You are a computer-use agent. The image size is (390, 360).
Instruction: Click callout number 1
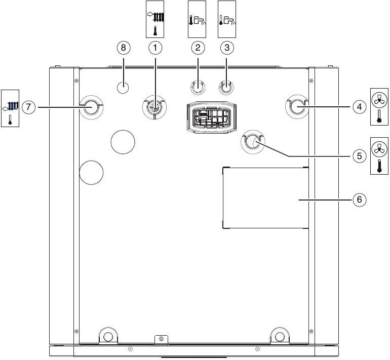[155, 48]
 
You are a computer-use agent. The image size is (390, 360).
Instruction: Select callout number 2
[198, 48]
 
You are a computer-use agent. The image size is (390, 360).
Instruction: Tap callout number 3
[227, 48]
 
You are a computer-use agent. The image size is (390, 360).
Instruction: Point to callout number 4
[359, 107]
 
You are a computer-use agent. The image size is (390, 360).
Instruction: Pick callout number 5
[359, 155]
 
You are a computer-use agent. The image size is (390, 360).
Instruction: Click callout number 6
[359, 199]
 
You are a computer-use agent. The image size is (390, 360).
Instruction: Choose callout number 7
[29, 107]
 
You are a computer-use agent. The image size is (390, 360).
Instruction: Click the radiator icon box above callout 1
[155, 19]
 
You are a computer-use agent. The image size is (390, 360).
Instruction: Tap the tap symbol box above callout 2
[198, 19]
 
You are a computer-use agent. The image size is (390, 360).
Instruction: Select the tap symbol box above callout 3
[227, 19]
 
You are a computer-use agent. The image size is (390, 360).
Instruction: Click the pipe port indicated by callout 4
[297, 107]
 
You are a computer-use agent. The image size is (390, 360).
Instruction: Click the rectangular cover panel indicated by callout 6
[265, 197]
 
